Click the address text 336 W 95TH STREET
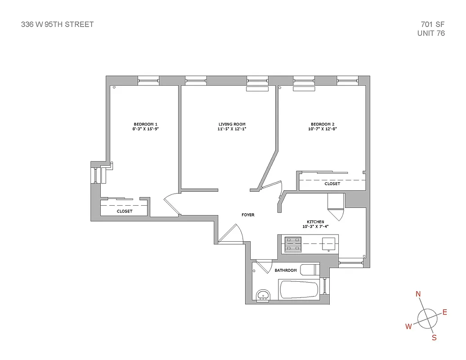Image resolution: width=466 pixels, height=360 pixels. [58, 24]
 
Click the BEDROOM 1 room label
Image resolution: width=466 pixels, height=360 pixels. [145, 124]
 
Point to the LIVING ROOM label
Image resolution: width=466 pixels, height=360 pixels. [232, 124]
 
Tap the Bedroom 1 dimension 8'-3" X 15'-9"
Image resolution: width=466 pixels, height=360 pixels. [145, 129]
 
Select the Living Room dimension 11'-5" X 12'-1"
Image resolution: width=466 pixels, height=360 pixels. [232, 129]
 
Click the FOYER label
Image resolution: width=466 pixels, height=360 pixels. [248, 215]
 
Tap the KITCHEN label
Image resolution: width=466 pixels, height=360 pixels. [315, 222]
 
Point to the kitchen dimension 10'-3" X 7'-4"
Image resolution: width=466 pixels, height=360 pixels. [315, 226]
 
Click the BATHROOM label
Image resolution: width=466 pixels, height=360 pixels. [286, 270]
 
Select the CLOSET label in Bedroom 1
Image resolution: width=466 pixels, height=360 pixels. [125, 211]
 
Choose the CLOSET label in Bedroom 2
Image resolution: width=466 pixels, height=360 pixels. [332, 184]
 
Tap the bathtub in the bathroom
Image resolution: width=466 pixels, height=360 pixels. [299, 289]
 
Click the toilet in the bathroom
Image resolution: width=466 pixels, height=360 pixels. [309, 270]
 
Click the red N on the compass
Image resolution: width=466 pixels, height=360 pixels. [418, 294]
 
